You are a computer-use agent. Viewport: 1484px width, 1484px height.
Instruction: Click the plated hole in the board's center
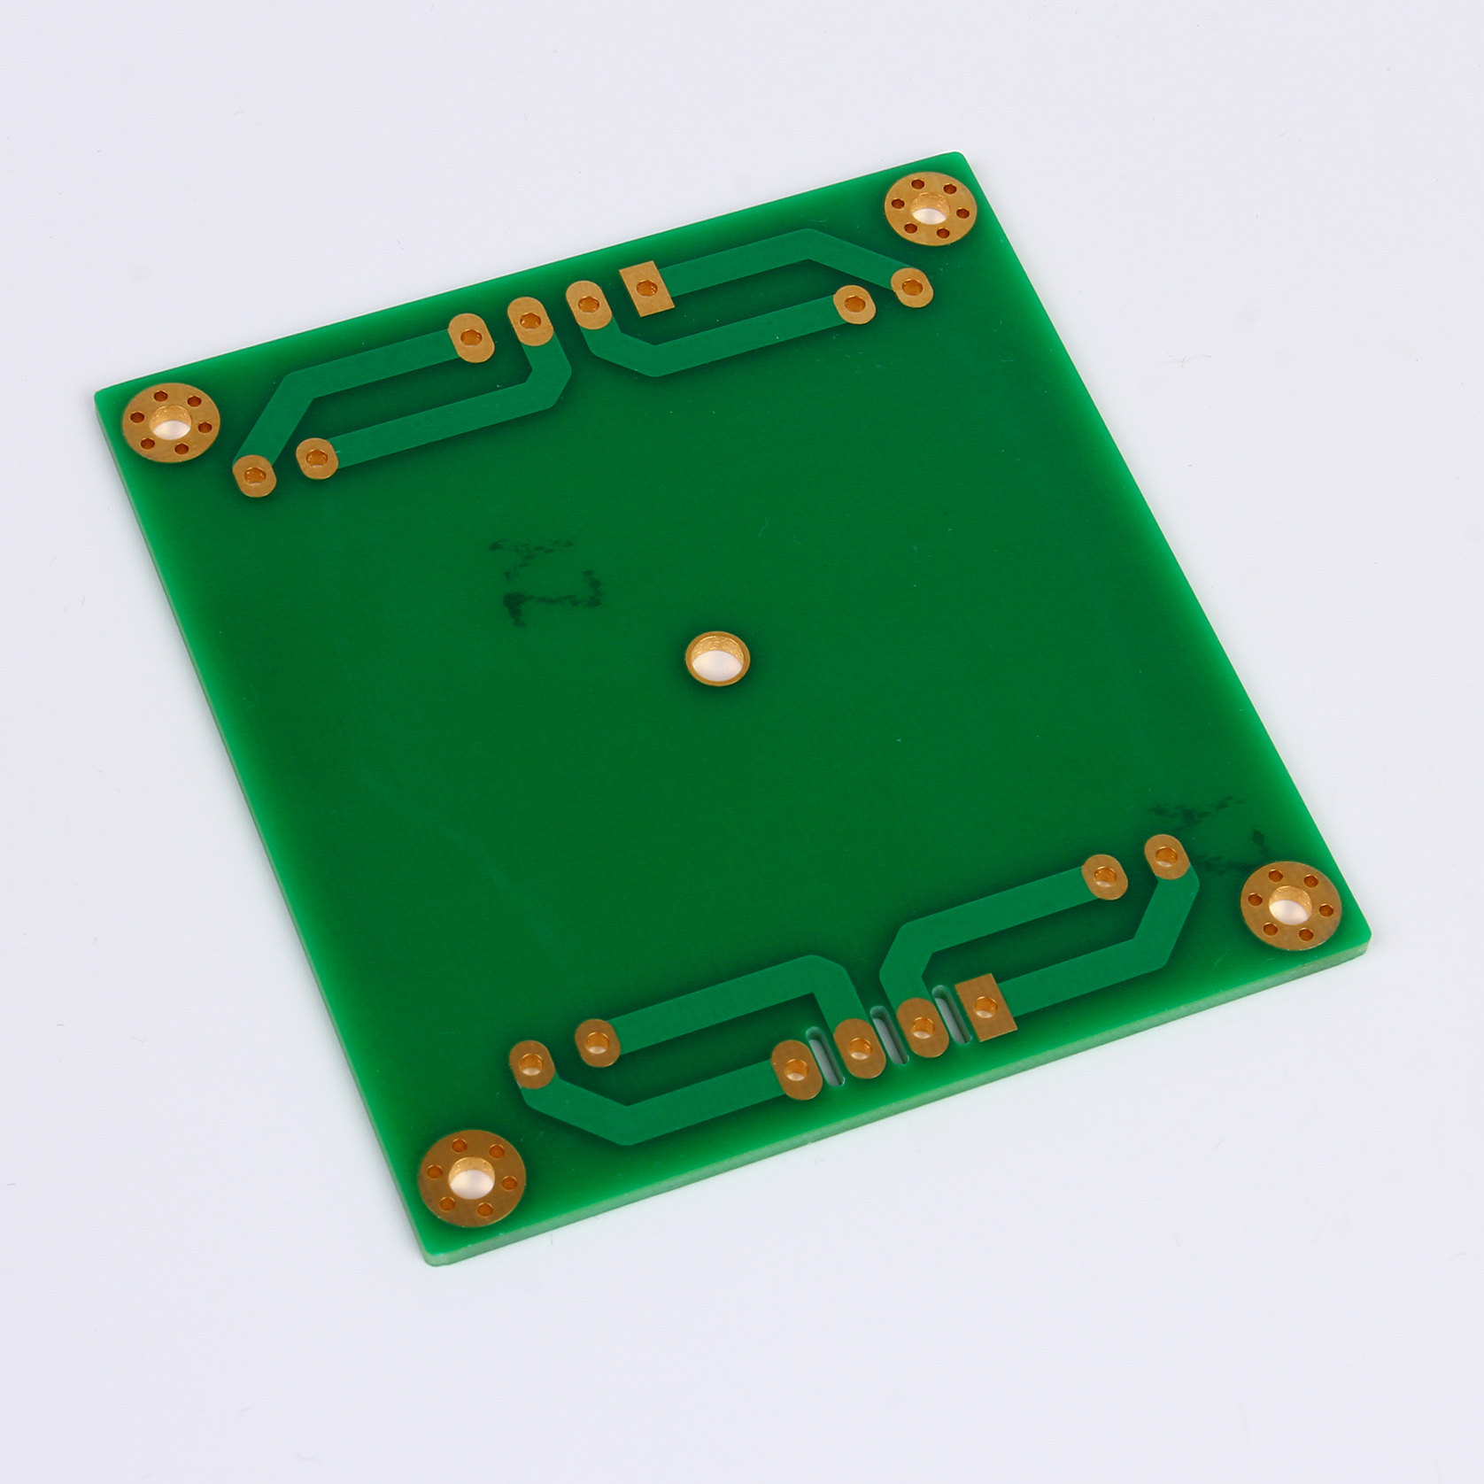pos(717,658)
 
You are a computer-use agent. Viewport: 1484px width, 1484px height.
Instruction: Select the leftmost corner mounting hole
pos(170,421)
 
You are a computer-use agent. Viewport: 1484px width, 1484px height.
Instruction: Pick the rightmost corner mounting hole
pos(1290,905)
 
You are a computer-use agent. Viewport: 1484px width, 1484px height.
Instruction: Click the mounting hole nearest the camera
pos(471,1178)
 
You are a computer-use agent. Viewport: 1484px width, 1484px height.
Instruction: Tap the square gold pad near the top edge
pos(646,289)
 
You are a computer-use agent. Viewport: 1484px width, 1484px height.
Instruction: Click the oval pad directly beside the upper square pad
pos(586,305)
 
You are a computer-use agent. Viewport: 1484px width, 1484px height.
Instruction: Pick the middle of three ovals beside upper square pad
pos(529,320)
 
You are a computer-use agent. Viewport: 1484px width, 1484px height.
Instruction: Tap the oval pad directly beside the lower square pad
pos(921,1027)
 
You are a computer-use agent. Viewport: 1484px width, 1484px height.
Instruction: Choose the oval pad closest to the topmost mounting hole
pos(912,287)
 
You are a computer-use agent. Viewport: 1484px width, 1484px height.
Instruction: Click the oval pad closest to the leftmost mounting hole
pos(254,475)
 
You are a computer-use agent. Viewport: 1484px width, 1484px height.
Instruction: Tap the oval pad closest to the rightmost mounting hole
pos(1166,856)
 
